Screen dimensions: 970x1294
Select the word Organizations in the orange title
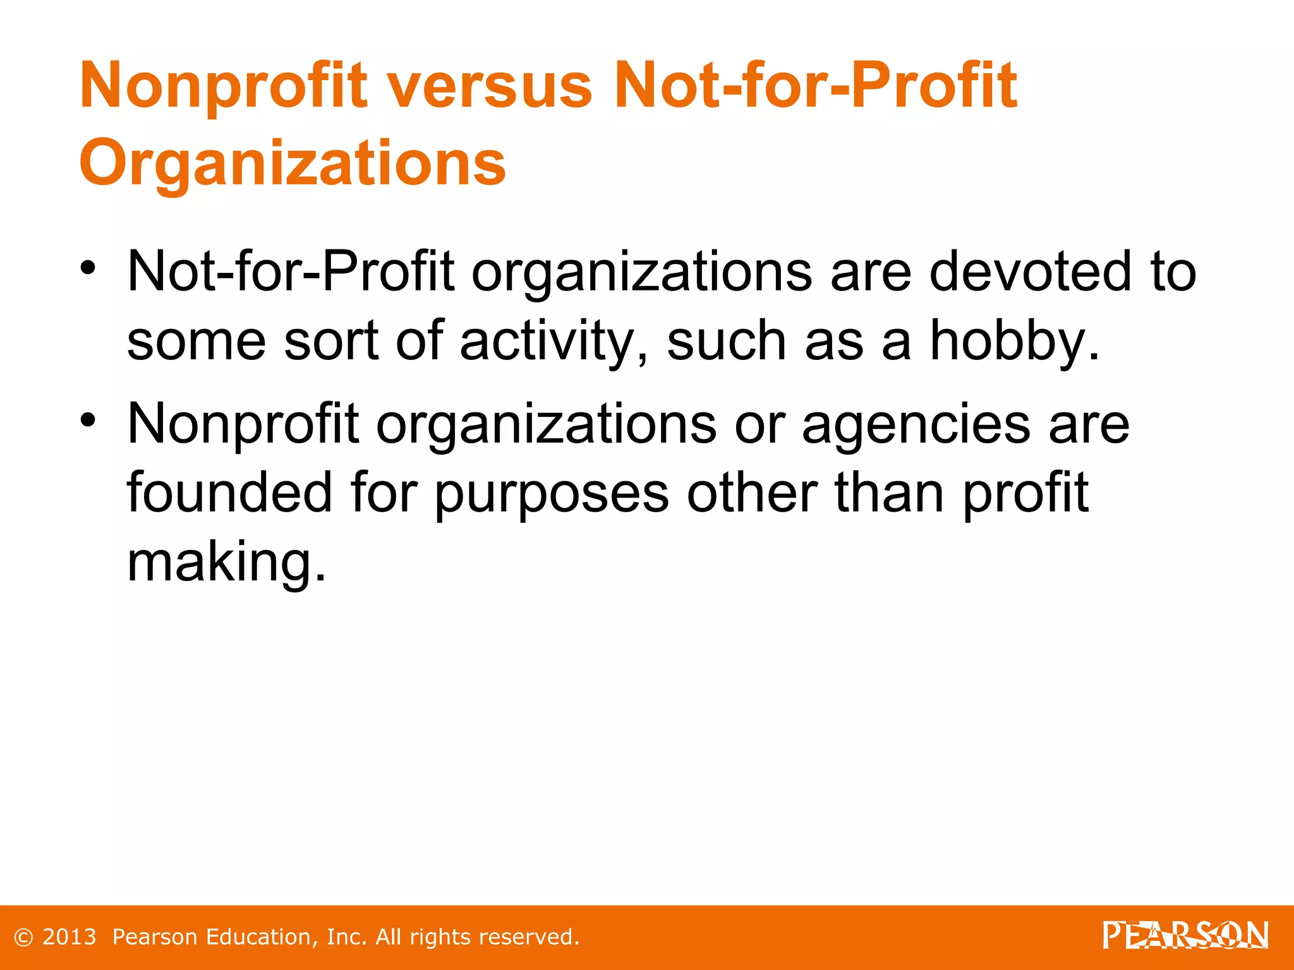point(293,163)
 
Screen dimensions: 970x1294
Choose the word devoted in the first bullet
point(1031,272)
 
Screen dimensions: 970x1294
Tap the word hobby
point(1014,341)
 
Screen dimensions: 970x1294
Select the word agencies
point(916,424)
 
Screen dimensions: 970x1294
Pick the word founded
point(229,493)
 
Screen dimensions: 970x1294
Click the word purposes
point(552,493)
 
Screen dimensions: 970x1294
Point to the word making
point(226,562)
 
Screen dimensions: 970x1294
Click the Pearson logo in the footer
point(1185,936)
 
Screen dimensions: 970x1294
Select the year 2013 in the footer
point(69,937)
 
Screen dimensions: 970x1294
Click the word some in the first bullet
point(197,341)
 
